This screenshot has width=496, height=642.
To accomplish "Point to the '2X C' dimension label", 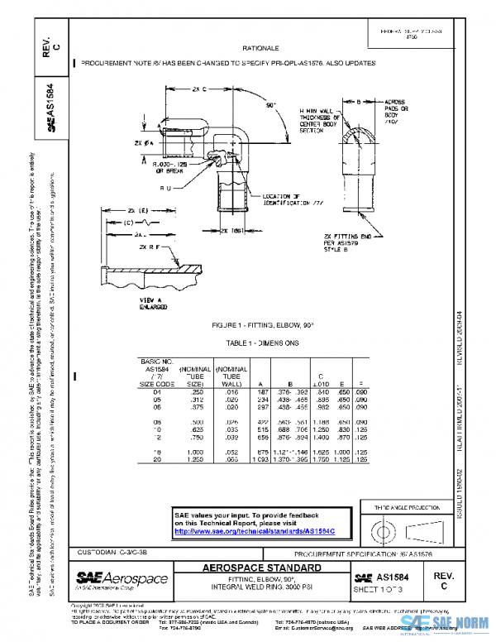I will [x=198, y=88].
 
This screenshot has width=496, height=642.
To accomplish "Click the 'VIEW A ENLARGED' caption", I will [x=131, y=303].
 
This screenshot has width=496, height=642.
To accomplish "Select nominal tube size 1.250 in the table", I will [x=192, y=458].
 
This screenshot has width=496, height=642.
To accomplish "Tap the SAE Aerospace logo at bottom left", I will [x=122, y=580].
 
